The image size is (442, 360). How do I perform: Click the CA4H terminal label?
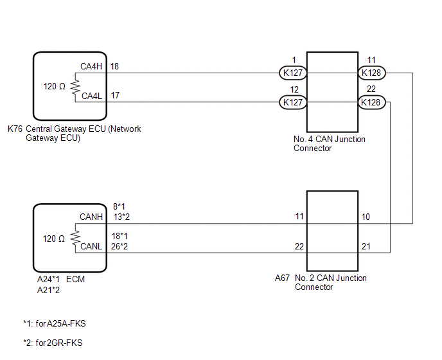pyautogui.click(x=91, y=66)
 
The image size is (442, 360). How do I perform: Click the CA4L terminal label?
pyautogui.click(x=91, y=96)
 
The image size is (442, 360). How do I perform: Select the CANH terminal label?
pyautogui.click(x=91, y=217)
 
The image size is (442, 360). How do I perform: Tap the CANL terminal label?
pyautogui.click(x=91, y=246)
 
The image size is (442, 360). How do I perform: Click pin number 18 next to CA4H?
pyautogui.click(x=114, y=66)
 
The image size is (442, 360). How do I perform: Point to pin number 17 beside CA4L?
pyautogui.click(x=114, y=96)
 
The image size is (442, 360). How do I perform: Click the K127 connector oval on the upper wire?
pyautogui.click(x=294, y=73)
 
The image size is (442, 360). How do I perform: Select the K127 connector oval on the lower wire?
pyautogui.click(x=294, y=102)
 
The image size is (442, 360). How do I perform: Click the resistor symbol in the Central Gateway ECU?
pyautogui.click(x=74, y=86)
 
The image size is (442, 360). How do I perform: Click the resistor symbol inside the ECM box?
pyautogui.click(x=74, y=239)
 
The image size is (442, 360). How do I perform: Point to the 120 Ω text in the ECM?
pyautogui.click(x=54, y=239)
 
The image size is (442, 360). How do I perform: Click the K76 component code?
pyautogui.click(x=15, y=129)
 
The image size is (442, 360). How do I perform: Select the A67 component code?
pyautogui.click(x=283, y=278)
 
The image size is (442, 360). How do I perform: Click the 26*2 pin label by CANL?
pyautogui.click(x=121, y=246)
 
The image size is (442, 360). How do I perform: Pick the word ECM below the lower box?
pyautogui.click(x=77, y=280)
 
